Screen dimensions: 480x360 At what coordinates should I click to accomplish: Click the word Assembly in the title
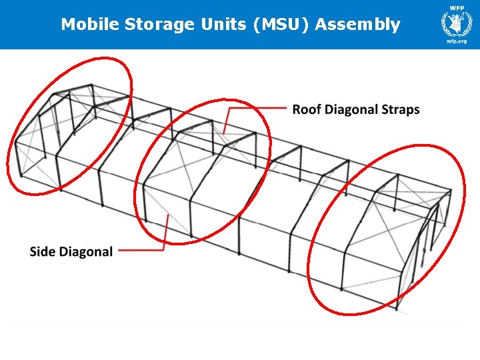(x=358, y=25)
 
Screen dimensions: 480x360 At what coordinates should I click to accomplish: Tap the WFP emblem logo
(x=456, y=25)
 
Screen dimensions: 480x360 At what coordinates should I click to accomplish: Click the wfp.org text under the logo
(x=456, y=42)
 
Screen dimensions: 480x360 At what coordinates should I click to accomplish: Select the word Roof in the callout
(x=307, y=109)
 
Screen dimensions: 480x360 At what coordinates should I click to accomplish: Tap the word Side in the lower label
(x=43, y=252)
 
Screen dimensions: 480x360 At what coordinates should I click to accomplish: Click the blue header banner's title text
(x=230, y=25)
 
